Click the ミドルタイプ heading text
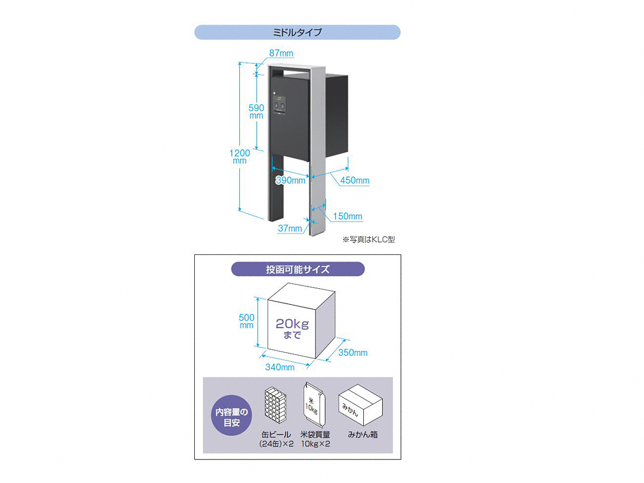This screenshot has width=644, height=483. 297,32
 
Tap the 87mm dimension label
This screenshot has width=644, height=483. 281,53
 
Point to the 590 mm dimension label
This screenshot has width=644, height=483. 256,112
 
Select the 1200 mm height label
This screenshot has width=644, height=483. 239,157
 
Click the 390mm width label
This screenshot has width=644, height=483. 291,180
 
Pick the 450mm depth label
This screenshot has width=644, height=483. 355,180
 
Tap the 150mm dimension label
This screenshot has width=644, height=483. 348,216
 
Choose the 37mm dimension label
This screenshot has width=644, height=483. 290,228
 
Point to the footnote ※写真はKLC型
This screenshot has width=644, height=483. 369,239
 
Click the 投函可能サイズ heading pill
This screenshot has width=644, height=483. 298,269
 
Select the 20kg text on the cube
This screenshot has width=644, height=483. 292,324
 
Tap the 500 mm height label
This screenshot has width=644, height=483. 246,321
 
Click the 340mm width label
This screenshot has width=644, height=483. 280,367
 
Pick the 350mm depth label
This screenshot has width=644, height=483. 353,353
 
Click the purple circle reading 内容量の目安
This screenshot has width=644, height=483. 231,415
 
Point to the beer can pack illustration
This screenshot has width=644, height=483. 275,405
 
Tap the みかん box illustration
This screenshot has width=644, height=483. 360,405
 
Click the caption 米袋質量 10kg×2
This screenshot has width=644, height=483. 316,439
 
